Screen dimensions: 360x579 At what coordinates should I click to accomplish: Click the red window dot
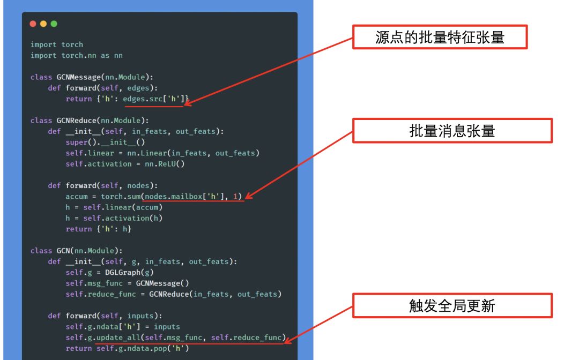point(33,24)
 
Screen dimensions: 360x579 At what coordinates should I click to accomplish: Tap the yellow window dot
point(43,24)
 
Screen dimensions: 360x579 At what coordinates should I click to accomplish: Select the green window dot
point(54,24)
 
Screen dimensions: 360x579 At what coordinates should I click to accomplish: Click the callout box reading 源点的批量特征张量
point(440,37)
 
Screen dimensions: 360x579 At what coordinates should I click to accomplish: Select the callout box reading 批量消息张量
point(452,130)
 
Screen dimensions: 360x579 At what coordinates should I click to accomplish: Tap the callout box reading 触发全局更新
point(452,305)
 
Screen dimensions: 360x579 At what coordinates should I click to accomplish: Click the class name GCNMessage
point(79,77)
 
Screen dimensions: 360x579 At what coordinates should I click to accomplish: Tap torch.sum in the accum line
point(121,197)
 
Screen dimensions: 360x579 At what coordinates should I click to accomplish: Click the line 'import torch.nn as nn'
point(77,55)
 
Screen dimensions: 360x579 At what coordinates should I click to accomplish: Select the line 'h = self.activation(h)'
point(114,218)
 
